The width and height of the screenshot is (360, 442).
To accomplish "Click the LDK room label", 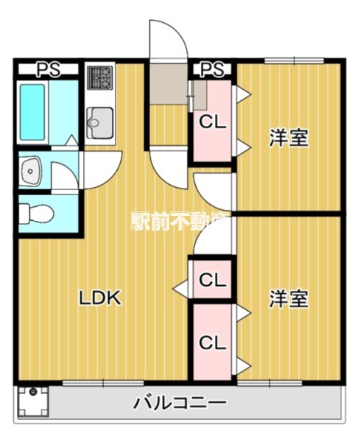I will point(100,298).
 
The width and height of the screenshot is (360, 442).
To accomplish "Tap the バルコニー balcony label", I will point(180,403).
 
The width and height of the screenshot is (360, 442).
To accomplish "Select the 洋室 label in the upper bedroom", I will point(288,138).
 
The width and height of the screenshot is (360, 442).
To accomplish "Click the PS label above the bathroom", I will point(48,70).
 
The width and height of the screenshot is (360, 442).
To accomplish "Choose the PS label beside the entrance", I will point(212,70).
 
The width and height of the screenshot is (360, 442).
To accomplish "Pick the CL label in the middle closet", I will point(212,280).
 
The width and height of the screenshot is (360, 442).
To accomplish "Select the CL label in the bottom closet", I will point(212,343).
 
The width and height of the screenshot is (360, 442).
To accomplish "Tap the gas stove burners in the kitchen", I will point(100,77).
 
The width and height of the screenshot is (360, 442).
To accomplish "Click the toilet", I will point(35,212).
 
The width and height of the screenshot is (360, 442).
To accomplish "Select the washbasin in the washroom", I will point(31,173).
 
